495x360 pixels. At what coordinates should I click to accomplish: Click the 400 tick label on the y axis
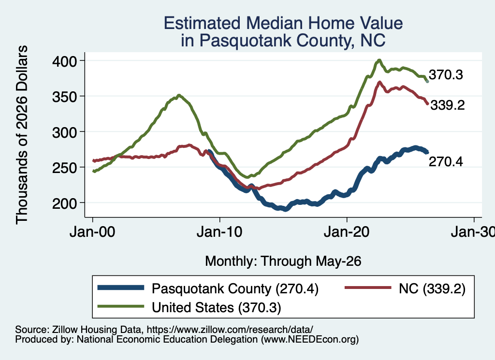pyautogui.click(x=64, y=61)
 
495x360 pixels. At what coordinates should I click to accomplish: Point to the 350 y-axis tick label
pyautogui.click(x=64, y=97)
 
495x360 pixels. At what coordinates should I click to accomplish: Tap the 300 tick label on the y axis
pyautogui.click(x=64, y=132)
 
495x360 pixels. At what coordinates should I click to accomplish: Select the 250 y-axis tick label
pyautogui.click(x=64, y=168)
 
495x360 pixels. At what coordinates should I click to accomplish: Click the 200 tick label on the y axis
pyautogui.click(x=64, y=203)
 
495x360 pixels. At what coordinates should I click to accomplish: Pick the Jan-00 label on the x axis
pyautogui.click(x=92, y=232)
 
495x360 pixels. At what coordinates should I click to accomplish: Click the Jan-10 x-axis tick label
pyautogui.click(x=219, y=232)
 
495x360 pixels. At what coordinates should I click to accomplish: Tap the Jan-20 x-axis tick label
pyautogui.click(x=347, y=232)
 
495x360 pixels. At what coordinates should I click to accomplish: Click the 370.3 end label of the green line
pyautogui.click(x=446, y=75)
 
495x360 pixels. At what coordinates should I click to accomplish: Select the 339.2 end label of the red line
pyautogui.click(x=448, y=105)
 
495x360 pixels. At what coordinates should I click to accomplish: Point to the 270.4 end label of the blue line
pyautogui.click(x=446, y=161)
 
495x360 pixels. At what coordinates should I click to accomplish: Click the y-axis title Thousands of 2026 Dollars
pyautogui.click(x=22, y=135)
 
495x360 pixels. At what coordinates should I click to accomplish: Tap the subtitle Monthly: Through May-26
pyautogui.click(x=283, y=261)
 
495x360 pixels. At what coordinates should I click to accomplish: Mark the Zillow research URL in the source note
pyautogui.click(x=230, y=330)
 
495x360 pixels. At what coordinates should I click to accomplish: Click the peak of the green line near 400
pyautogui.click(x=379, y=60)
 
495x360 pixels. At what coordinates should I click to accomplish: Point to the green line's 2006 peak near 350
pyautogui.click(x=179, y=95)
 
